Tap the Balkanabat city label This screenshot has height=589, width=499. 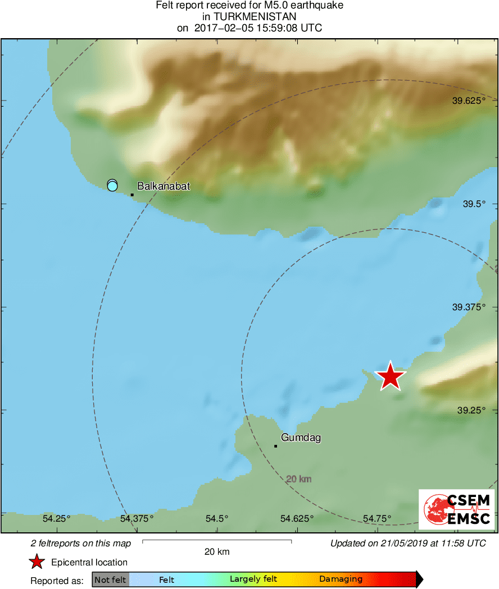click(x=164, y=186)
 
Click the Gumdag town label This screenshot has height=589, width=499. click(x=301, y=438)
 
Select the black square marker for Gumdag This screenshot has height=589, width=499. click(x=275, y=446)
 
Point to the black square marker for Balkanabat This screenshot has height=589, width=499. click(x=132, y=195)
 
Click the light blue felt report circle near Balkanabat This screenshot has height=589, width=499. click(x=112, y=185)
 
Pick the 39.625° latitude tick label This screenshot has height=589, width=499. click(x=473, y=101)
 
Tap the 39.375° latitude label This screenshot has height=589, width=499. click(x=473, y=307)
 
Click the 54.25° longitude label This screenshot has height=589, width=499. click(x=57, y=518)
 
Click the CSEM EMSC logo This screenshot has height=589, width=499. click(x=456, y=509)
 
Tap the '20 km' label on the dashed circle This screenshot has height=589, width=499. click(x=298, y=479)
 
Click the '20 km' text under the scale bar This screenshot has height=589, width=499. click(x=216, y=552)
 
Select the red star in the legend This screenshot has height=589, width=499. click(x=37, y=562)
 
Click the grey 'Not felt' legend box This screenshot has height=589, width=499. click(x=111, y=579)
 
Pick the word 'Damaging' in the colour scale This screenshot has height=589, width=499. click(x=341, y=579)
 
